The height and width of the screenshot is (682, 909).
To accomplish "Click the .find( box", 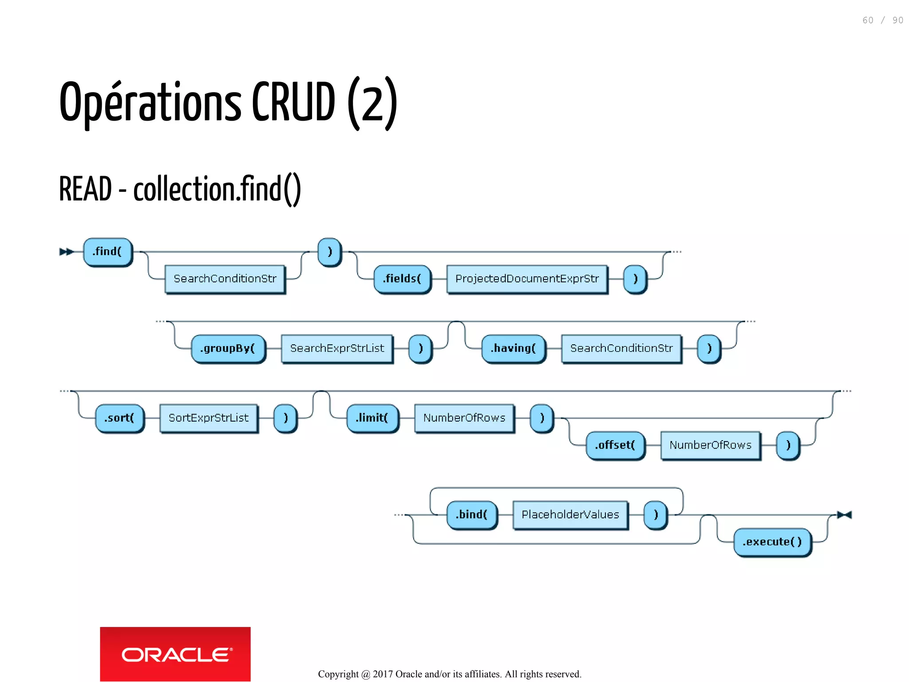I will click(107, 252).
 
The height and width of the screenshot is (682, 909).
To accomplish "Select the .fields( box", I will click(402, 279).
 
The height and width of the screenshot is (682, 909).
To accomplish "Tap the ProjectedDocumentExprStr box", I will click(527, 279).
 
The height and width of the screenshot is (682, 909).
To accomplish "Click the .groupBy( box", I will click(228, 349).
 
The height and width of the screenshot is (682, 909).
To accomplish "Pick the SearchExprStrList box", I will click(337, 349).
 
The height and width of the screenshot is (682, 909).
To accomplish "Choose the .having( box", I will click(514, 349).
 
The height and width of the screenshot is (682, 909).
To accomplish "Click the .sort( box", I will click(119, 418).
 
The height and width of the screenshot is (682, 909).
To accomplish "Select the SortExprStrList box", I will click(209, 418).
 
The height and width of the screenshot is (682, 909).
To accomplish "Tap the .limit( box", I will click(372, 418).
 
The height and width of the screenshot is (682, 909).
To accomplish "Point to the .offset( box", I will click(615, 445).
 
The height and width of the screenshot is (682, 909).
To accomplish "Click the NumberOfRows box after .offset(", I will click(710, 445).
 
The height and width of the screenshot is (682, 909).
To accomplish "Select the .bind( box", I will click(471, 515).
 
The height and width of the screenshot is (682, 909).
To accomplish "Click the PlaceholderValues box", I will click(570, 515).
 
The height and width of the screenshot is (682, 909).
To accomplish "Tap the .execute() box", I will click(772, 542).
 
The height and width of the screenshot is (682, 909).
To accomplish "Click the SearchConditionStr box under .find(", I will click(225, 279).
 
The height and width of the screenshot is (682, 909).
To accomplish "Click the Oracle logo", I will click(175, 654).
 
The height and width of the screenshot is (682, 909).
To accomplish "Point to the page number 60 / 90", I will click(882, 20).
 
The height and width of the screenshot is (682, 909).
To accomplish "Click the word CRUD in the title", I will click(293, 102).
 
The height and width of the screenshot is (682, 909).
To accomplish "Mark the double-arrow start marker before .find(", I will click(66, 252).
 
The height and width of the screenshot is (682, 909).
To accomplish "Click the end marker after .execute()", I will click(844, 515).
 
